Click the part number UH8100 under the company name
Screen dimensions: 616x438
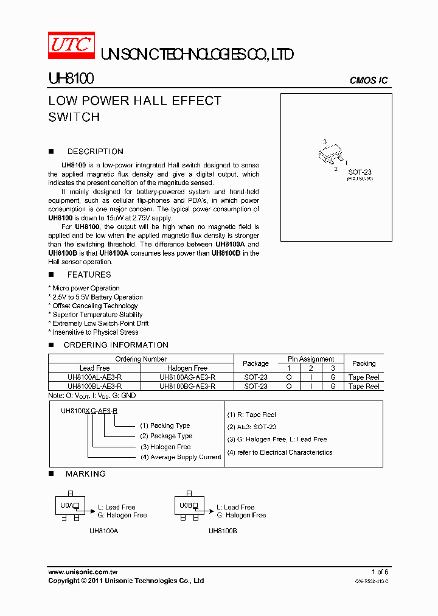click(x=71, y=80)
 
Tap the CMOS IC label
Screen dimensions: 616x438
click(x=369, y=80)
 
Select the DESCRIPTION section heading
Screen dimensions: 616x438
click(x=95, y=152)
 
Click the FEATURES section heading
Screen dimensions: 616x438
click(x=89, y=275)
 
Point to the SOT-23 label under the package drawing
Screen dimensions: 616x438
click(x=360, y=172)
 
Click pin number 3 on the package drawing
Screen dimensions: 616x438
click(x=325, y=142)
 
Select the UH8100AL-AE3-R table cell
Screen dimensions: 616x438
click(x=95, y=377)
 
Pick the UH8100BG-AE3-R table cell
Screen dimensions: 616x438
click(x=187, y=387)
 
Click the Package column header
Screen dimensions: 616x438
click(x=255, y=363)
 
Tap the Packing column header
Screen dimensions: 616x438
click(x=364, y=363)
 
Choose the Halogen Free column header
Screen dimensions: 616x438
click(x=187, y=368)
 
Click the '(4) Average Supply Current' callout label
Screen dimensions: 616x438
click(x=181, y=457)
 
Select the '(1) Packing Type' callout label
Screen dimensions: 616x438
click(x=165, y=425)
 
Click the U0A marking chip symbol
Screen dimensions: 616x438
click(x=69, y=505)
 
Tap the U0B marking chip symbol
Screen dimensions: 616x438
click(x=188, y=505)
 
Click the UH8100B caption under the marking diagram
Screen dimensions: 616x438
click(x=223, y=531)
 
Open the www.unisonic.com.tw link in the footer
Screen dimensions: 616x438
click(x=83, y=572)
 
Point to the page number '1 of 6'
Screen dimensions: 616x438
click(x=380, y=572)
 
